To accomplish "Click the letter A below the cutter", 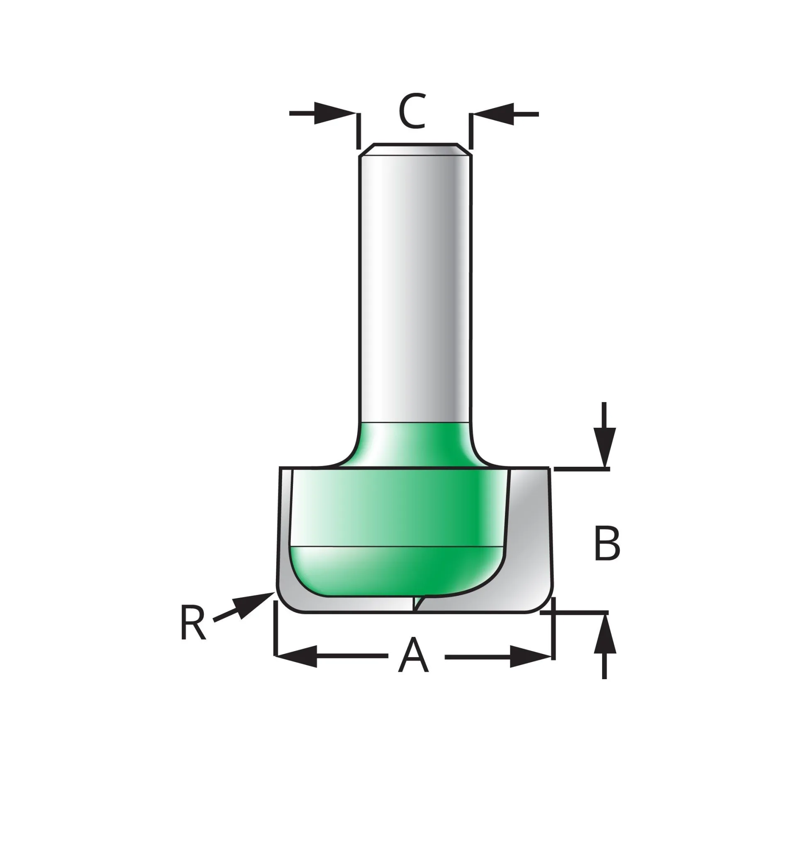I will (x=413, y=656).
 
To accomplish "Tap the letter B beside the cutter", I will (x=607, y=543).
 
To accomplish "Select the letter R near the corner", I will (x=193, y=622).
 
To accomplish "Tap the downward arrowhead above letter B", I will (x=605, y=447).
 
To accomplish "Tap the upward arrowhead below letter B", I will (x=605, y=634).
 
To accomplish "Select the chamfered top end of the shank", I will (x=415, y=149).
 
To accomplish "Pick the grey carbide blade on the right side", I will (x=529, y=538).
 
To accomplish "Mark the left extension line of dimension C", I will (x=359, y=131).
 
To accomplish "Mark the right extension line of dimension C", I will (x=471, y=131).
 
